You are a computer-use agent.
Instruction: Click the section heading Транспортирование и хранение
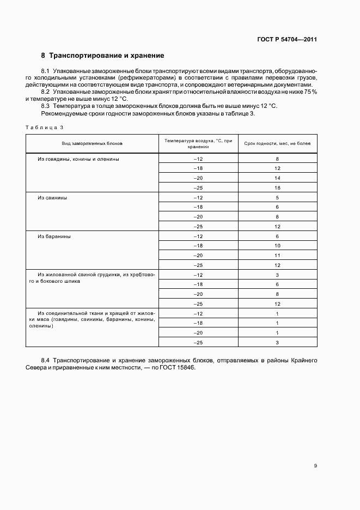[x=106, y=56]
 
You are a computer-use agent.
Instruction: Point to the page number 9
[x=315, y=466]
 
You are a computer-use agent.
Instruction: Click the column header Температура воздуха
[x=198, y=143]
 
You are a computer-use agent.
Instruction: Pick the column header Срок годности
[x=277, y=143]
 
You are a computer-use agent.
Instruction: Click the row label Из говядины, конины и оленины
[x=78, y=159]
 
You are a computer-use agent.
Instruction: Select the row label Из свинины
[x=52, y=198]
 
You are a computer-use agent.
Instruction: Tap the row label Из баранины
[x=54, y=236]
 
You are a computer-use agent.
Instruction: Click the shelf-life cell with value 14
[x=277, y=178]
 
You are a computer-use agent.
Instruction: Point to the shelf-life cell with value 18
[x=277, y=188]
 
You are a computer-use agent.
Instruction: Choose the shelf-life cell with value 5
[x=277, y=198]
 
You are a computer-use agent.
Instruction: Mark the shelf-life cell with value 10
[x=277, y=246]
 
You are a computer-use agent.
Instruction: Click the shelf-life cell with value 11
[x=277, y=256]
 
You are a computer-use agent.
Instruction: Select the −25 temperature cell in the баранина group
[x=198, y=265]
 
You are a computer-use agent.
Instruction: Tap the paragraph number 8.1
[x=46, y=71]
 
